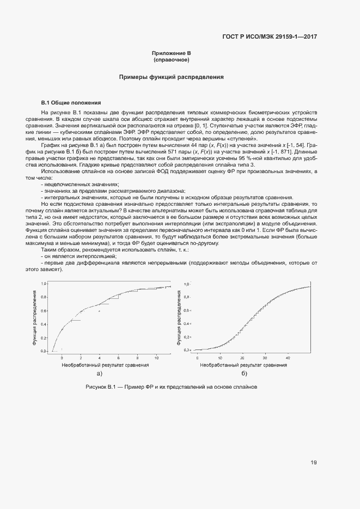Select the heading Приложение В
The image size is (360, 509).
(171, 53)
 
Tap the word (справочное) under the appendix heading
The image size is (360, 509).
(171, 59)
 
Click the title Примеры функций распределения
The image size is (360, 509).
(172, 77)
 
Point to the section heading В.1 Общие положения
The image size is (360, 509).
(71, 102)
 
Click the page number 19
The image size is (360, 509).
(314, 462)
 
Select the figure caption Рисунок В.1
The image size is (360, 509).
(171, 387)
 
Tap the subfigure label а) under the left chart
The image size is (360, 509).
(99, 373)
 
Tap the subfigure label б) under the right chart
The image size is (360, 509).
(243, 373)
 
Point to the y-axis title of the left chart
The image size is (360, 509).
(34, 318)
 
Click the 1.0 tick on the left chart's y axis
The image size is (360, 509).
(44, 284)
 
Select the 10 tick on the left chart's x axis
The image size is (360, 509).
(157, 358)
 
